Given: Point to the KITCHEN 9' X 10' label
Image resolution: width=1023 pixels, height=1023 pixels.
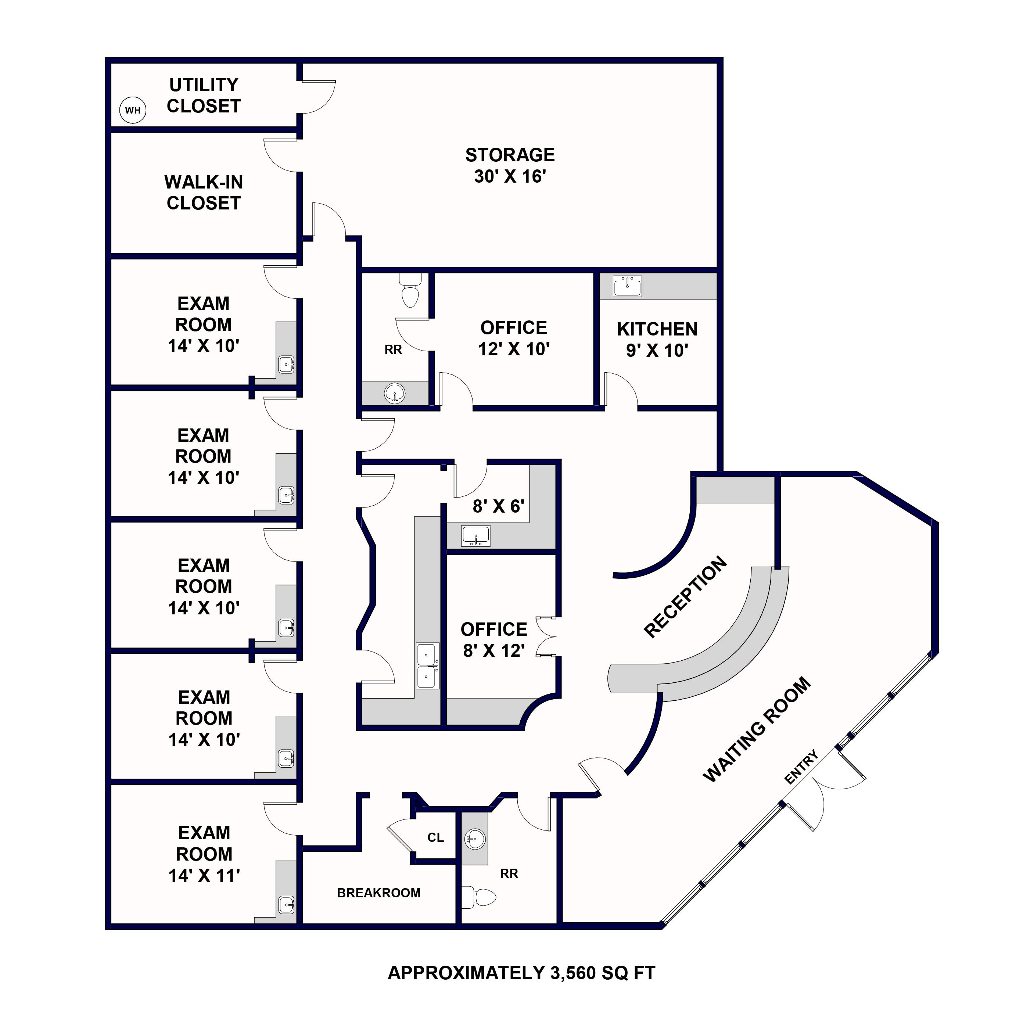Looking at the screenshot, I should coord(657,340).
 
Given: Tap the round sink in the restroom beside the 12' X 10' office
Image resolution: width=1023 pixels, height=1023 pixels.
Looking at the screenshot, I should coord(395,393).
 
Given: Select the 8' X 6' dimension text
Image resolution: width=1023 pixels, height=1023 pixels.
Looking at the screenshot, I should coord(498,506).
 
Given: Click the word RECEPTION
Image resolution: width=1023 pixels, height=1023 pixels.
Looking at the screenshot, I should coord(685,597).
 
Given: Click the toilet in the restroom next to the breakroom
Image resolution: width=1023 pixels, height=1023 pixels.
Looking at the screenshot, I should coord(481,897).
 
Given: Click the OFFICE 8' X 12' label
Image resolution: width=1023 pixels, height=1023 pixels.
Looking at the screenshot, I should coord(493,640).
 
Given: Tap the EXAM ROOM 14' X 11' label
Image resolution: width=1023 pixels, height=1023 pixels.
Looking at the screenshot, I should coord(204,854).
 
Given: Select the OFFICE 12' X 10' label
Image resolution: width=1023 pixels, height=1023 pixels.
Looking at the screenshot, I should coord(514,338).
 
